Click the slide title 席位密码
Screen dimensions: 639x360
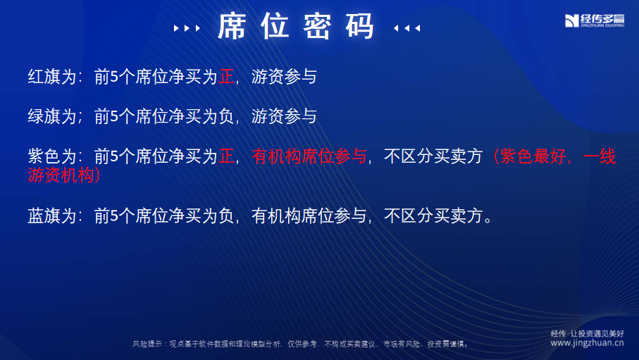pos(296,26)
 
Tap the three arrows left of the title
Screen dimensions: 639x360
pos(187,28)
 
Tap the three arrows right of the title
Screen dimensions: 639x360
pos(407,28)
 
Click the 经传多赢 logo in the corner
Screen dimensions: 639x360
pos(594,20)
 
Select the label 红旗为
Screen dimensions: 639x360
pos(51,77)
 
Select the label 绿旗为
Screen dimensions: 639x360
pos(51,116)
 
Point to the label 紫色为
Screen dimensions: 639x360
pos(51,156)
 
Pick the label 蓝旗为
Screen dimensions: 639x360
pos(51,216)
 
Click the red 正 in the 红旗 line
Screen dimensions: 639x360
pos(226,77)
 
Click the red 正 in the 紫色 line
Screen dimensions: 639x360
pos(226,156)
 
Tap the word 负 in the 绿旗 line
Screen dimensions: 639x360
pos(226,116)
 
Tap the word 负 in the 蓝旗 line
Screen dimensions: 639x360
pos(226,216)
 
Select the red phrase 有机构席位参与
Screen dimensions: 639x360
pos(309,156)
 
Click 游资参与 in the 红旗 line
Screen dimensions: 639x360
pos(284,77)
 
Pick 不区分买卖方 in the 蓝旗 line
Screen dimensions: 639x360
pos(433,216)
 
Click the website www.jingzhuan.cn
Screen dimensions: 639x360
pos(587,343)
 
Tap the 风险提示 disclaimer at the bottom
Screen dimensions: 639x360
pos(301,344)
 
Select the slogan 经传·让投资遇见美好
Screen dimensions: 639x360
pos(588,333)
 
